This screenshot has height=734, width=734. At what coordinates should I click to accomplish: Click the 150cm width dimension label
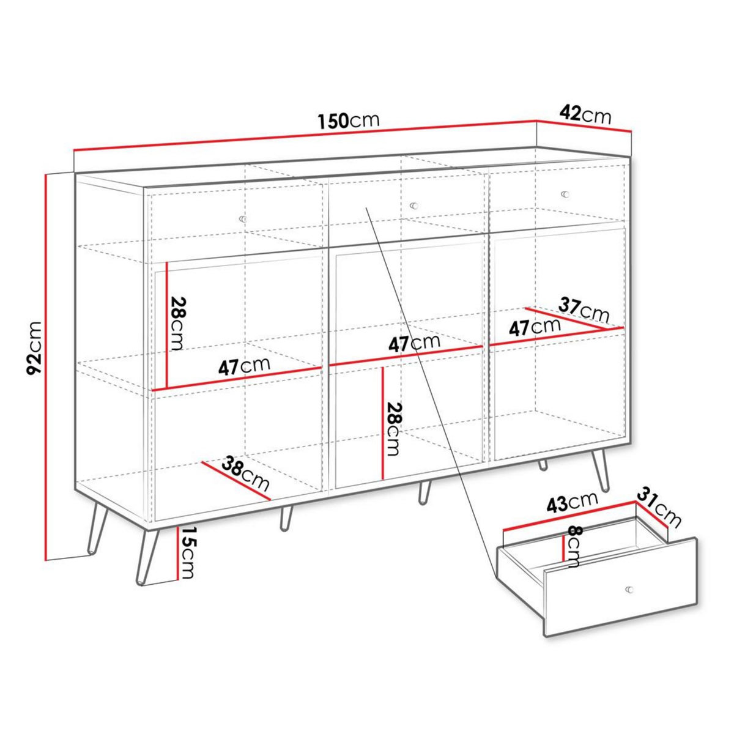(349, 120)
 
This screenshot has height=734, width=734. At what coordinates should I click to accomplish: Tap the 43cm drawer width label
(571, 503)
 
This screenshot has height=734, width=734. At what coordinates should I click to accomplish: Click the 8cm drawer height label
(573, 546)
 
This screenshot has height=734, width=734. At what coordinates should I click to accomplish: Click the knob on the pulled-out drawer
(629, 589)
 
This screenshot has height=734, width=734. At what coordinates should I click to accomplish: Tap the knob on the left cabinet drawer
(243, 218)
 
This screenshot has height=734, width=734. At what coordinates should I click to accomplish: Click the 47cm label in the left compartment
(244, 366)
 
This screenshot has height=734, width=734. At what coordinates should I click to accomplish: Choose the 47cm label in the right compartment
(535, 327)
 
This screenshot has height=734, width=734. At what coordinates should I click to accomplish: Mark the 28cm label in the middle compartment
(393, 429)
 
